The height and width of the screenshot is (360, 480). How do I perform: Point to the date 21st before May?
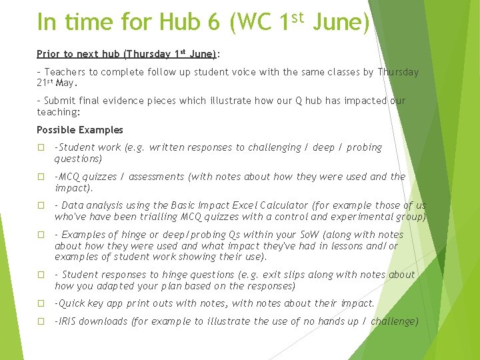[x=45, y=83]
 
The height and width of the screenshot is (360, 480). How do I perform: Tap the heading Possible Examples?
[x=80, y=130]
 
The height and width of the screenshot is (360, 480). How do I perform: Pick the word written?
[x=171, y=147]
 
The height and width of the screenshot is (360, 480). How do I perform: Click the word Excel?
[x=253, y=205]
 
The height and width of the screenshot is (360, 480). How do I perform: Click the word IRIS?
[x=69, y=321]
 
